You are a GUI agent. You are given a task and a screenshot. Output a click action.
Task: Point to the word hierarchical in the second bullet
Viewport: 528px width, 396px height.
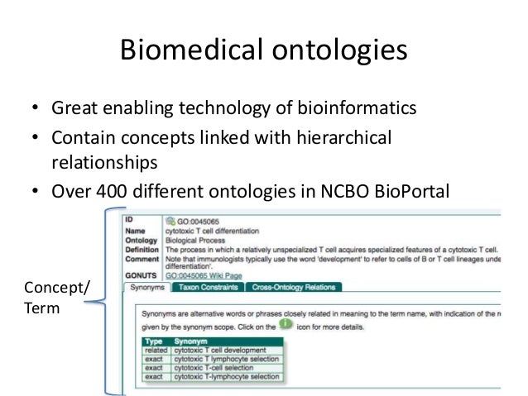pos(344,135)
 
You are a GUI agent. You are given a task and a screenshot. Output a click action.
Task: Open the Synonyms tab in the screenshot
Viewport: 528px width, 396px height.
pos(146,288)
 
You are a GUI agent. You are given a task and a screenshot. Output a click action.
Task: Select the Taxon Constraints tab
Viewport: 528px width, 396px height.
pos(207,288)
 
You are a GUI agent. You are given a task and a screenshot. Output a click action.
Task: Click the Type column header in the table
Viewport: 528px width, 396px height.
pos(153,340)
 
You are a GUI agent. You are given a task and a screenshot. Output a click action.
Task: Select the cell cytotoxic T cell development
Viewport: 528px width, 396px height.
pos(218,351)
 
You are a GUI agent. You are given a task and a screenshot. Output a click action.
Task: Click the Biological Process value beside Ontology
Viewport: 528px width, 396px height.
pos(196,240)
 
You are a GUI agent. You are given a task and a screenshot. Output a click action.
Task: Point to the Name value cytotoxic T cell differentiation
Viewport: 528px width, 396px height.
pos(213,231)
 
